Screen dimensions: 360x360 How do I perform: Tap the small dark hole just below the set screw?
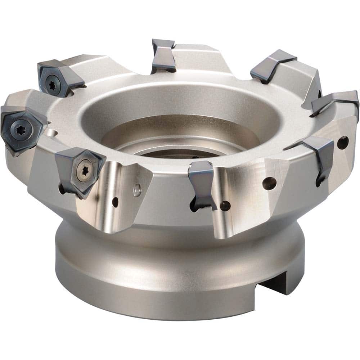pyautogui.click(x=115, y=203)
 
